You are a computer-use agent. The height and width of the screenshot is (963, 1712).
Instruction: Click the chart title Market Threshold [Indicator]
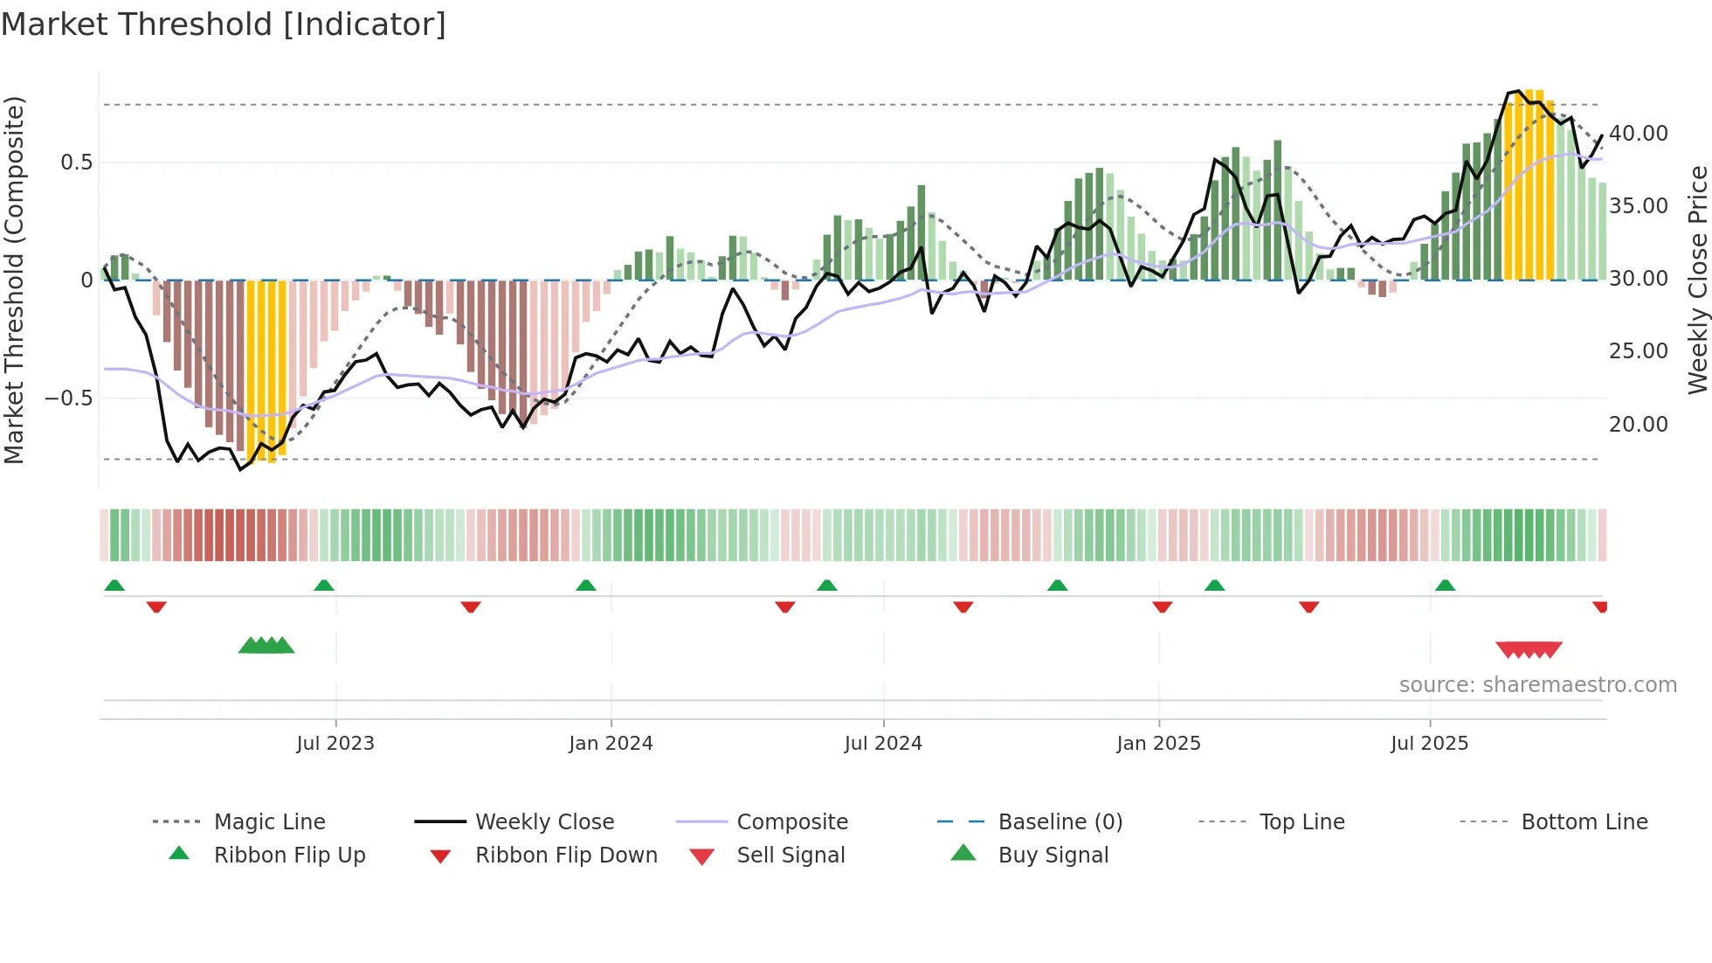tap(224, 24)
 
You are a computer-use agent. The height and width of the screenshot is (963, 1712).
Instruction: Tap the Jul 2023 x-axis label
tap(335, 744)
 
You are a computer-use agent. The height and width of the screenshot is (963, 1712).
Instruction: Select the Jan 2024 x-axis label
tap(611, 744)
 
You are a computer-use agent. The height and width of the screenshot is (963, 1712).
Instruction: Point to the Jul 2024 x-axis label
tap(883, 744)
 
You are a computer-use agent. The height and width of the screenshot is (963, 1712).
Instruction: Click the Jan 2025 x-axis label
tap(1158, 744)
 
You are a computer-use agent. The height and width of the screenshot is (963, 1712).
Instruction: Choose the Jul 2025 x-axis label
tap(1429, 744)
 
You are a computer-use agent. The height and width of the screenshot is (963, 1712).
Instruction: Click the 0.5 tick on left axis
tap(77, 163)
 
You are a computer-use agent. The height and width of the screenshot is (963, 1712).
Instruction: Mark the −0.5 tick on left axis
tap(69, 398)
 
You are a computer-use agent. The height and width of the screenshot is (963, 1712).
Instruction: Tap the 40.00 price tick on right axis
tap(1639, 134)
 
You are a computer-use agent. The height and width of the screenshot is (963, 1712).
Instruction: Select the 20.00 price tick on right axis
tap(1639, 425)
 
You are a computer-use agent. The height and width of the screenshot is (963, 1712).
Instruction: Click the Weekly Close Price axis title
tap(1697, 280)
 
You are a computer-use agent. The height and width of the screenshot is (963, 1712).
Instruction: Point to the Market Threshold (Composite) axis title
tap(14, 280)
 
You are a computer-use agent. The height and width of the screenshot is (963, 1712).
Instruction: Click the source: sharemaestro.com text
tap(1537, 685)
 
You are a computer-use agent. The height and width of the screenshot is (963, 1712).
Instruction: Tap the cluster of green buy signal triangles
tap(266, 647)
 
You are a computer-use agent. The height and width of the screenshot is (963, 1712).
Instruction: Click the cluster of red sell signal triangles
tap(1529, 650)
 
